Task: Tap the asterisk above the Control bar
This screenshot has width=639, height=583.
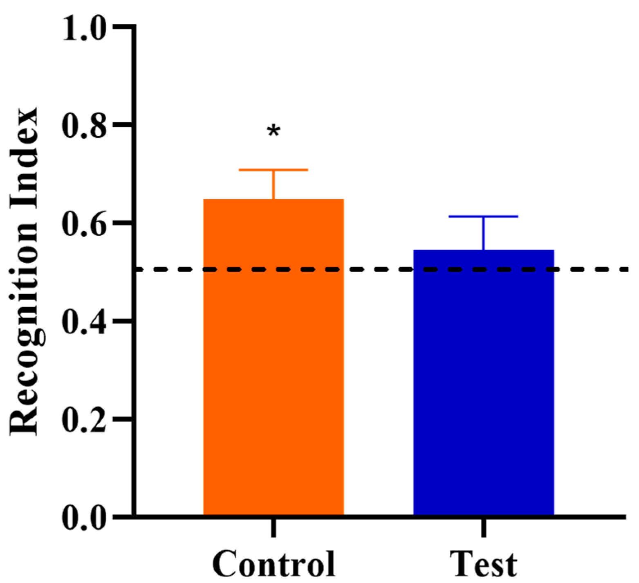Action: pos(274,132)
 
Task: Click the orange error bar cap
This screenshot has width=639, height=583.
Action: pos(273,169)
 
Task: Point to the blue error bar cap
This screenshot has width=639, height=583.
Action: pos(483,216)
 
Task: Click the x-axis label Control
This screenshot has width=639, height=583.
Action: pos(274,564)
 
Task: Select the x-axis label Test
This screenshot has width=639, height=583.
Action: pos(483,564)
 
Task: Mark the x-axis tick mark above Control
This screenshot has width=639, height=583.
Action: pos(273,528)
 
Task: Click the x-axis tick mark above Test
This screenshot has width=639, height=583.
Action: pos(484,528)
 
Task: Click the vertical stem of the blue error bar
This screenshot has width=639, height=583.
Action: pos(484,233)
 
